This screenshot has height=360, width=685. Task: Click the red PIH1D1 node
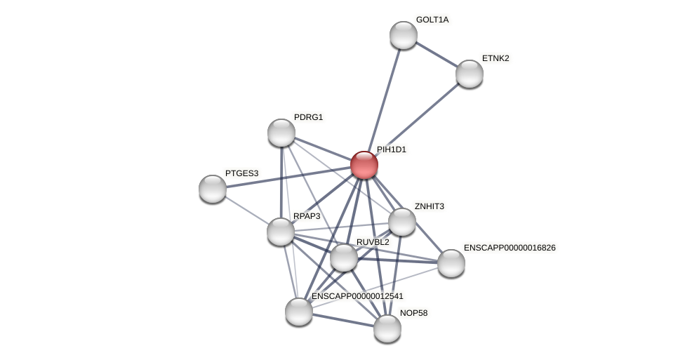[x=364, y=165]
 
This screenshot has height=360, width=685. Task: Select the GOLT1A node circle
[x=404, y=35]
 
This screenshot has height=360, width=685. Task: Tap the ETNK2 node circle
[x=470, y=74]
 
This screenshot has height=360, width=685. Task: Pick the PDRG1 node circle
[x=281, y=133]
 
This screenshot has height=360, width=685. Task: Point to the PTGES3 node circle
[x=213, y=189]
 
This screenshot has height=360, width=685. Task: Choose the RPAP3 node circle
[x=281, y=232]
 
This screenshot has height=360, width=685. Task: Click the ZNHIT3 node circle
[x=402, y=222]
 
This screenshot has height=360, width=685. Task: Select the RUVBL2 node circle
[x=344, y=258]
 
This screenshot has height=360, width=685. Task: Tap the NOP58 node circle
[x=387, y=328]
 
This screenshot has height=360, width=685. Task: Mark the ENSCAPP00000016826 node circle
[x=451, y=263]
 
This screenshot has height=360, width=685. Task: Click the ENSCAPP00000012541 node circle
[x=299, y=312]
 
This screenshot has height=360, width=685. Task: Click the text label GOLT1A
[x=432, y=20]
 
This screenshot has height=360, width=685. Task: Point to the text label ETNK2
[x=496, y=58]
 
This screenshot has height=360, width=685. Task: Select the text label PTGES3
[x=241, y=173]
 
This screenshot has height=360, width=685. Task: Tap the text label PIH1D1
[x=391, y=149]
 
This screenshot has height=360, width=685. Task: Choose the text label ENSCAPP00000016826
[x=510, y=248]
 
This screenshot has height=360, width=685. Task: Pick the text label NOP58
[x=413, y=313]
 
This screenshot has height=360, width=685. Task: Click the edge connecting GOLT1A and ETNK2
[x=437, y=55]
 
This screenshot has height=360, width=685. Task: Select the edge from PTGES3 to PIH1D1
[x=288, y=177]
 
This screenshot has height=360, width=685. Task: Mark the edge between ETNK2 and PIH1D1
[x=417, y=119]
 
